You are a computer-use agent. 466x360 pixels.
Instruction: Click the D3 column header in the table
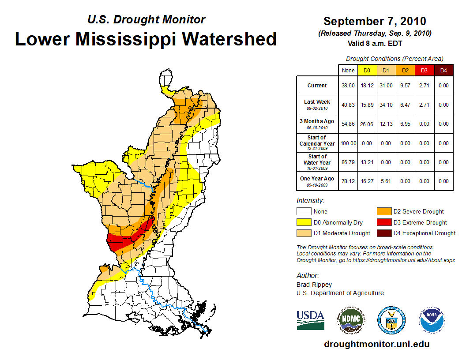424,70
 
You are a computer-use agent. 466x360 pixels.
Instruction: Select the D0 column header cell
367,70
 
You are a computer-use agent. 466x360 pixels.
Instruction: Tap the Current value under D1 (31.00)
386,86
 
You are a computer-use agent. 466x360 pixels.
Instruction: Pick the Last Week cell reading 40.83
348,105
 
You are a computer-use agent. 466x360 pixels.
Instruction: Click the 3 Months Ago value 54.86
348,124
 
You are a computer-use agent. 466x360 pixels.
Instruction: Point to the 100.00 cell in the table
348,143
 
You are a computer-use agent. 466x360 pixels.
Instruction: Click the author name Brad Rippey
314,285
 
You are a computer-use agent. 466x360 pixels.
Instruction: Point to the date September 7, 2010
375,21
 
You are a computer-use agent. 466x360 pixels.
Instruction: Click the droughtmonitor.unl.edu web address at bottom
376,344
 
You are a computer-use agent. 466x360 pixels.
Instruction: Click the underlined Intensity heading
310,201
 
